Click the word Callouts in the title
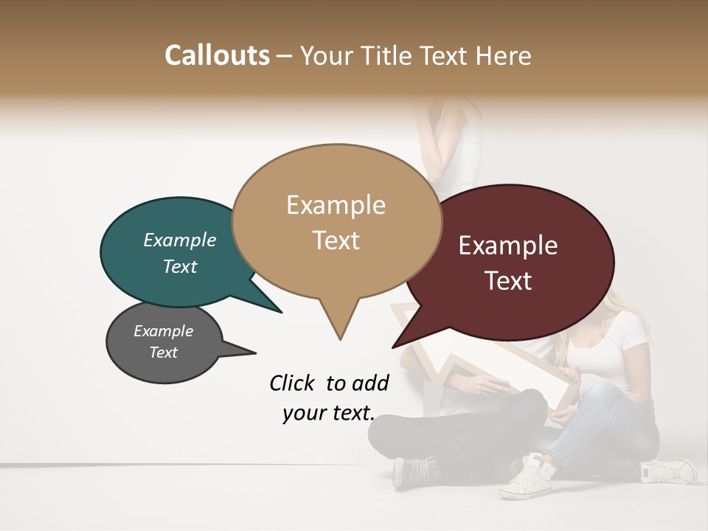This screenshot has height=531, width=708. coord(217,55)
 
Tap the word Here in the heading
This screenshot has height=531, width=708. coord(503,55)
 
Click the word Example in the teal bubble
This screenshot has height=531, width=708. coord(180,240)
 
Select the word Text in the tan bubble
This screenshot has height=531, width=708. coord(336,240)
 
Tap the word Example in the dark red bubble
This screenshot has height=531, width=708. coord(508,246)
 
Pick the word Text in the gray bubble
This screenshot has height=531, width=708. coord(164,353)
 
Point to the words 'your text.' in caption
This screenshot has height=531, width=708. coord(329,413)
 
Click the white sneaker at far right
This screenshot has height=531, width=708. coord(668,470)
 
